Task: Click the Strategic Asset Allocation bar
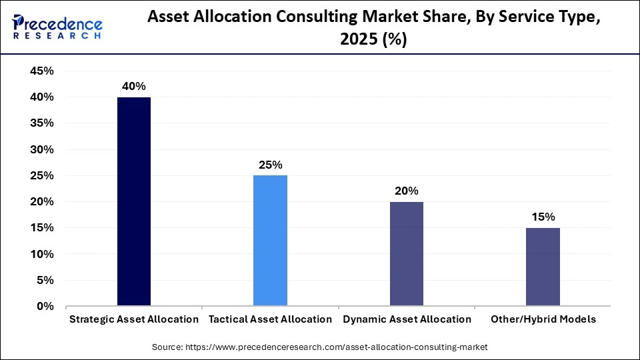[x=134, y=201]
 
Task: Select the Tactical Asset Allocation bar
[x=270, y=241]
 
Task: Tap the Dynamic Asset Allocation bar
[x=407, y=253]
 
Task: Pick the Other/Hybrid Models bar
[x=543, y=267]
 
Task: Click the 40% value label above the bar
[x=134, y=87]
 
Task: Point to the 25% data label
[x=270, y=165]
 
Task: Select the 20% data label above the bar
[x=407, y=191]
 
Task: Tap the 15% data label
[x=543, y=217]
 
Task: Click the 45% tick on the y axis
[x=41, y=71]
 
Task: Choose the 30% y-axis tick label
[x=41, y=150]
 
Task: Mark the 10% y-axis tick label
[x=41, y=255]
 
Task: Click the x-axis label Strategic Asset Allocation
[x=134, y=319]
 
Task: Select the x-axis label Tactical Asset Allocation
[x=270, y=319]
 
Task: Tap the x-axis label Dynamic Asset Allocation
[x=407, y=319]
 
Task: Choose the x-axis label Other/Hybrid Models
[x=543, y=319]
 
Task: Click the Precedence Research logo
[x=57, y=27]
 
